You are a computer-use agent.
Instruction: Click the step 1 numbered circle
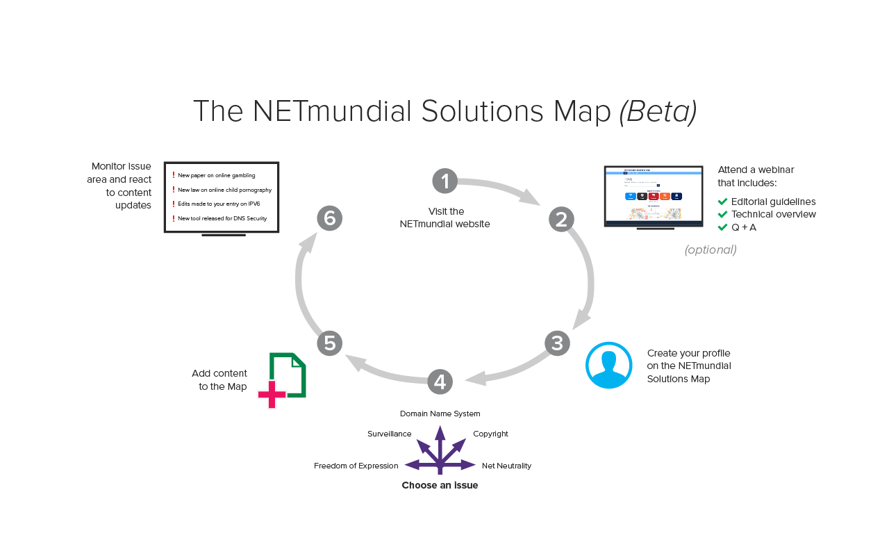pyautogui.click(x=444, y=181)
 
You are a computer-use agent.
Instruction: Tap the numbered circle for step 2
pyautogui.click(x=561, y=219)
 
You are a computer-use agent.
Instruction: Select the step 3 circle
pyautogui.click(x=557, y=343)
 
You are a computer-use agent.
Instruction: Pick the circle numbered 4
pyautogui.click(x=440, y=381)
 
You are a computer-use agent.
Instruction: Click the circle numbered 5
pyautogui.click(x=330, y=343)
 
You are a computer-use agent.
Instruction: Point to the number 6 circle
pyautogui.click(x=330, y=218)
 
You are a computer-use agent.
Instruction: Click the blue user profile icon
pyautogui.click(x=608, y=365)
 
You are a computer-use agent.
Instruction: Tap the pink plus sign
pyautogui.click(x=272, y=394)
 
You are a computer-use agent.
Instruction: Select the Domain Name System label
pyautogui.click(x=440, y=414)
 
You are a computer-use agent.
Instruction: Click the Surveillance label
pyautogui.click(x=389, y=434)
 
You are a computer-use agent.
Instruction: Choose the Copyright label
pyautogui.click(x=490, y=434)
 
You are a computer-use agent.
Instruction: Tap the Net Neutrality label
pyautogui.click(x=506, y=466)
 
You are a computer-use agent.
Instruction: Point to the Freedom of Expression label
pyautogui.click(x=356, y=466)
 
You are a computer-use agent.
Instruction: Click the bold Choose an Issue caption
pyautogui.click(x=440, y=485)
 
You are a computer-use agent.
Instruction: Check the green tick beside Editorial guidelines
pyautogui.click(x=722, y=202)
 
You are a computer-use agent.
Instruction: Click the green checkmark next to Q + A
pyautogui.click(x=722, y=227)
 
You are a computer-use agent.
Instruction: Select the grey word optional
pyautogui.click(x=711, y=250)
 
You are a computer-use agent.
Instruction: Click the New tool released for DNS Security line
pyautogui.click(x=222, y=218)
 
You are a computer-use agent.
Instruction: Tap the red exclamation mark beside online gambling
pyautogui.click(x=174, y=175)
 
